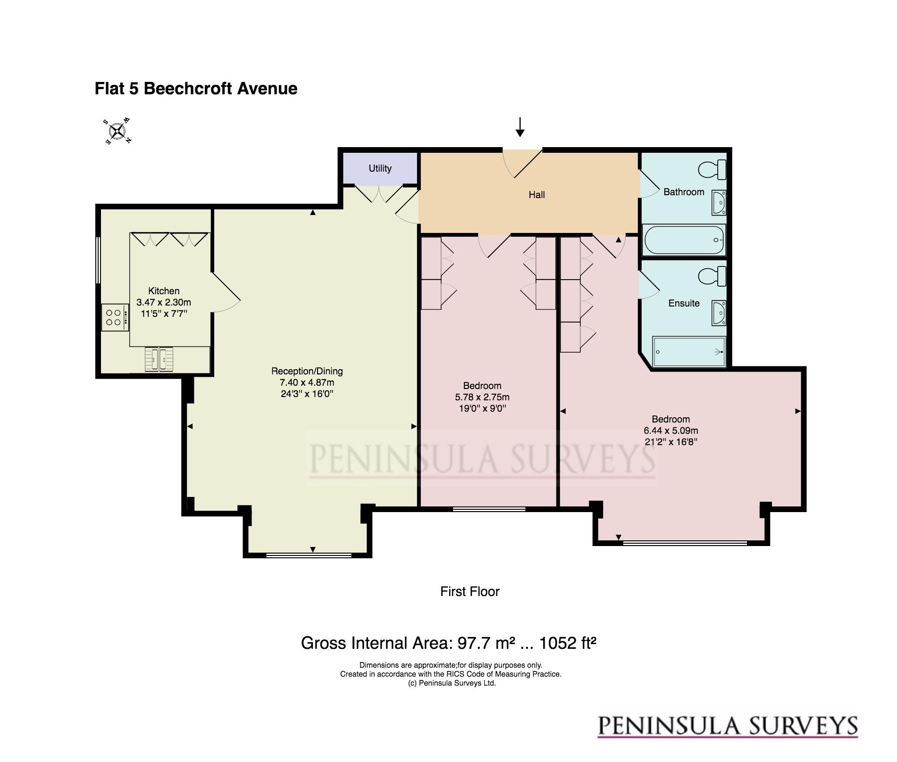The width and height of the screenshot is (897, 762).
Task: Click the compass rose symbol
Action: pyautogui.click(x=117, y=131)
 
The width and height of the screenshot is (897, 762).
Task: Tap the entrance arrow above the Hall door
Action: pyautogui.click(x=520, y=127)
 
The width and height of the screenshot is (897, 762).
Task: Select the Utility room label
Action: pyautogui.click(x=380, y=168)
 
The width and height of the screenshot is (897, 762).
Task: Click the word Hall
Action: pyautogui.click(x=537, y=195)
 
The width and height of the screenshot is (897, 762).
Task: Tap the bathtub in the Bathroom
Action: pyautogui.click(x=684, y=240)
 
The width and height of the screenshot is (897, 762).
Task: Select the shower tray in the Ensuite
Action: pyautogui.click(x=688, y=351)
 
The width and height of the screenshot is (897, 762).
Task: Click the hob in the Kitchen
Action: pyautogui.click(x=115, y=317)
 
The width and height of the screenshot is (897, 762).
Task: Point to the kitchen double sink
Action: pyautogui.click(x=159, y=359)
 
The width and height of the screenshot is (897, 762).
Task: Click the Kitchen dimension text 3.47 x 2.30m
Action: pyautogui.click(x=164, y=302)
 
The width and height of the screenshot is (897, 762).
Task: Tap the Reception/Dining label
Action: pyautogui.click(x=307, y=371)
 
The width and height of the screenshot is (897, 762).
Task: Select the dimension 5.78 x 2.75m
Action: pyautogui.click(x=482, y=397)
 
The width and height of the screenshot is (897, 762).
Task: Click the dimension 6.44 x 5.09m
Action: pyautogui.click(x=671, y=431)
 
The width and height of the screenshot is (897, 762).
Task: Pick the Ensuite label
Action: pyautogui.click(x=684, y=303)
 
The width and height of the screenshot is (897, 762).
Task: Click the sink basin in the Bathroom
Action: pyautogui.click(x=719, y=203)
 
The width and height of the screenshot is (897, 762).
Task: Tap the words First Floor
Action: pyautogui.click(x=469, y=591)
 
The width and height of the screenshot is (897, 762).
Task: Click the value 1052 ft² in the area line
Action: pyautogui.click(x=568, y=643)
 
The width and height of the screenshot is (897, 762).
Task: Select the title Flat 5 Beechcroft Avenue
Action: pyautogui.click(x=196, y=89)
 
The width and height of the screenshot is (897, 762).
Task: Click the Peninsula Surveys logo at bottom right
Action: pyautogui.click(x=728, y=727)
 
